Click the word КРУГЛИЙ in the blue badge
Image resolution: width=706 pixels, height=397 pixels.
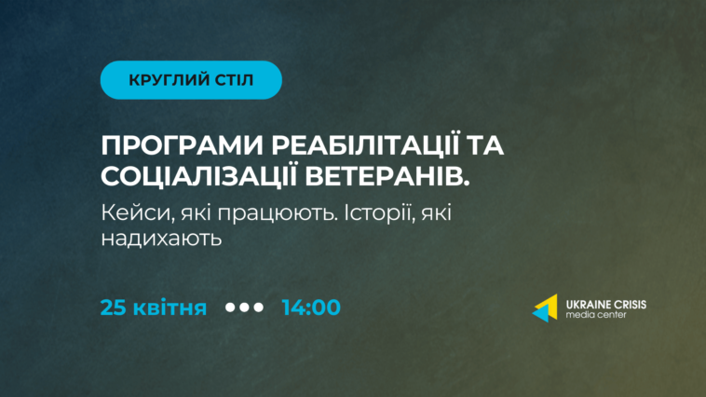click(x=163, y=80)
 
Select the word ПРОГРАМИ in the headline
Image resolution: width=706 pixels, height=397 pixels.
click(x=183, y=145)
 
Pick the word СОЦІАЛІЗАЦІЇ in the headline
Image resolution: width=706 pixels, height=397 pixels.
click(x=198, y=175)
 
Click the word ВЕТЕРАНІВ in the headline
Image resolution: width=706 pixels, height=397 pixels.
click(x=387, y=176)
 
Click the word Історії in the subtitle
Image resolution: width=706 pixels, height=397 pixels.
click(x=379, y=213)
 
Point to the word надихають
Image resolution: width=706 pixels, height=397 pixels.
click(x=161, y=239)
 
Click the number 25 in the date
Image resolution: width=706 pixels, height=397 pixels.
click(x=114, y=308)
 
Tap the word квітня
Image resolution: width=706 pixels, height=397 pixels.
click(x=170, y=308)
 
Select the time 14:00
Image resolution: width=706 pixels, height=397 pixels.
click(x=311, y=308)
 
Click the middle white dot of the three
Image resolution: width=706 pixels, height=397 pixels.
click(x=244, y=308)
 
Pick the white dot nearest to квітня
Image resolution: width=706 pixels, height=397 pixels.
click(x=230, y=308)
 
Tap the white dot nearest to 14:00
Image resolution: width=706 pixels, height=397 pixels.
click(x=258, y=308)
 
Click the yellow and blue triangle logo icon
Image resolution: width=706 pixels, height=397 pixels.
click(x=545, y=308)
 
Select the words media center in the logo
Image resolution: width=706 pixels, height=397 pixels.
click(x=596, y=315)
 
